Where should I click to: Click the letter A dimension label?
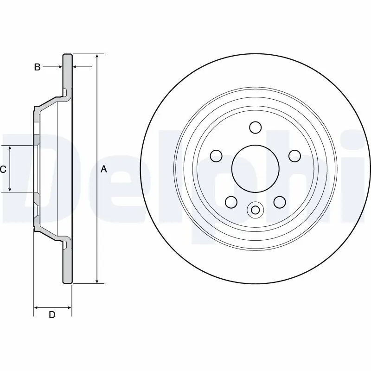click(104, 170)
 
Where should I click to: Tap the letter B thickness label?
click(37, 68)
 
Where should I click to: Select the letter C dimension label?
click(3, 170)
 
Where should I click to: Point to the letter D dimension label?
click(52, 315)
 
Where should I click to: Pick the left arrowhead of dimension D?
click(37, 307)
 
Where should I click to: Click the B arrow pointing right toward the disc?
click(59, 68)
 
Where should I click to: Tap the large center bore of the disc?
click(255, 169)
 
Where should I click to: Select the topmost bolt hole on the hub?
click(255, 127)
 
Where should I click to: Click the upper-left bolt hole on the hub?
click(216, 156)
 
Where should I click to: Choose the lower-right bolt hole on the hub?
click(279, 202)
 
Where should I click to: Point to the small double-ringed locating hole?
click(255, 210)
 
